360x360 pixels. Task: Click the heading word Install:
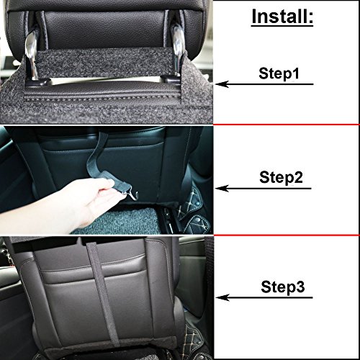(282, 16)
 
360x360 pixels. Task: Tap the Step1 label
(279, 73)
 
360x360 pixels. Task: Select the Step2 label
(281, 178)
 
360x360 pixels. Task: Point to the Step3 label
(283, 287)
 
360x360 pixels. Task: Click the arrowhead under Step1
(222, 84)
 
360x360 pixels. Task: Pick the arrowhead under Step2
(222, 189)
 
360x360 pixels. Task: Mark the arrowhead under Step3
(222, 297)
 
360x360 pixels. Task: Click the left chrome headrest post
(32, 56)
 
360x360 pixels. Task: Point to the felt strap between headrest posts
(106, 63)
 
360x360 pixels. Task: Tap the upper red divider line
(286, 125)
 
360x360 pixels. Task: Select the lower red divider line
(286, 235)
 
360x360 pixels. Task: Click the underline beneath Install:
(282, 25)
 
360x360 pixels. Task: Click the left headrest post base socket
(36, 82)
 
